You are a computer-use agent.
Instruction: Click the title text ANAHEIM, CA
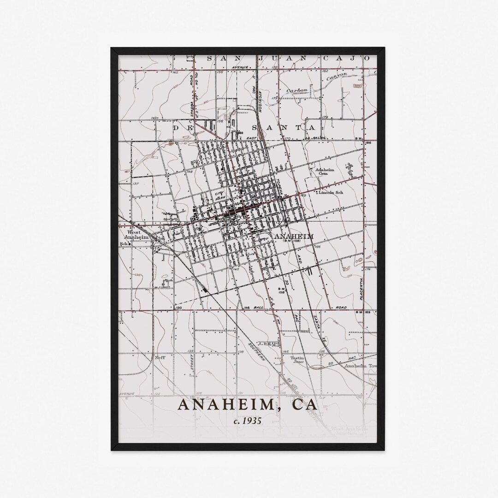tap(248, 404)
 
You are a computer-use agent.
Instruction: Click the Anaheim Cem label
tap(324, 172)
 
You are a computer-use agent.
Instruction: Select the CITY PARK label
tap(220, 195)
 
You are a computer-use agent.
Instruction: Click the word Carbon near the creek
tap(296, 91)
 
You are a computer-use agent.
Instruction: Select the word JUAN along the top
tap(268, 58)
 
